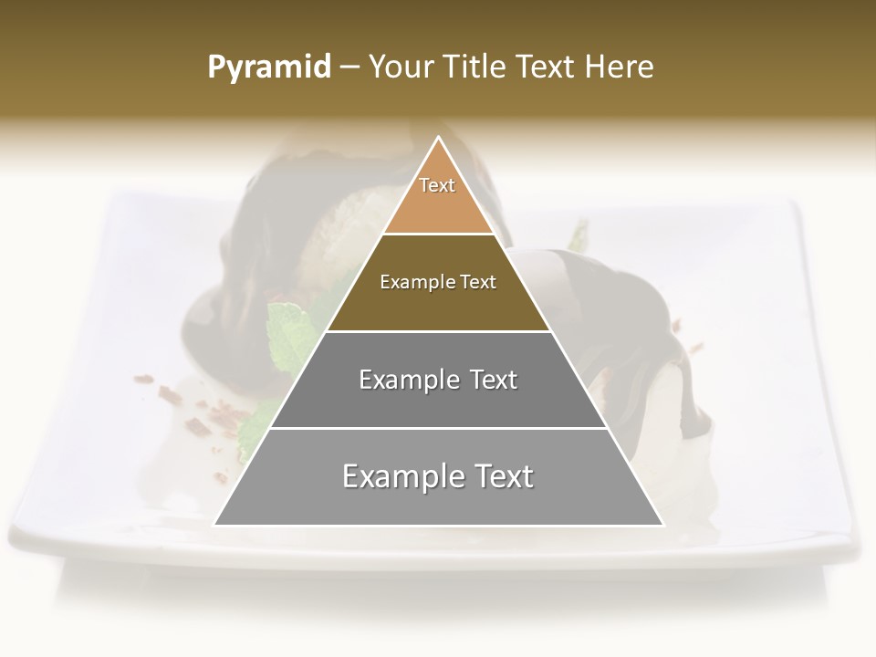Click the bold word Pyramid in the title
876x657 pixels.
(268, 68)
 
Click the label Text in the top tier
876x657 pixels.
(437, 185)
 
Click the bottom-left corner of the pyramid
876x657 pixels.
(215, 524)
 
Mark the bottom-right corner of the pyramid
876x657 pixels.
(662, 524)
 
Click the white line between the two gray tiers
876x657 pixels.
(438, 427)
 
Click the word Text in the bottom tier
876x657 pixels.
(501, 476)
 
